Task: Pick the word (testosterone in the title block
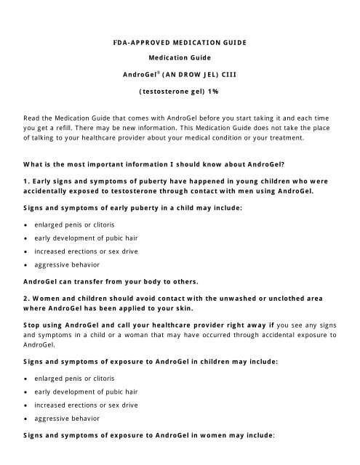[x=163, y=94]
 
